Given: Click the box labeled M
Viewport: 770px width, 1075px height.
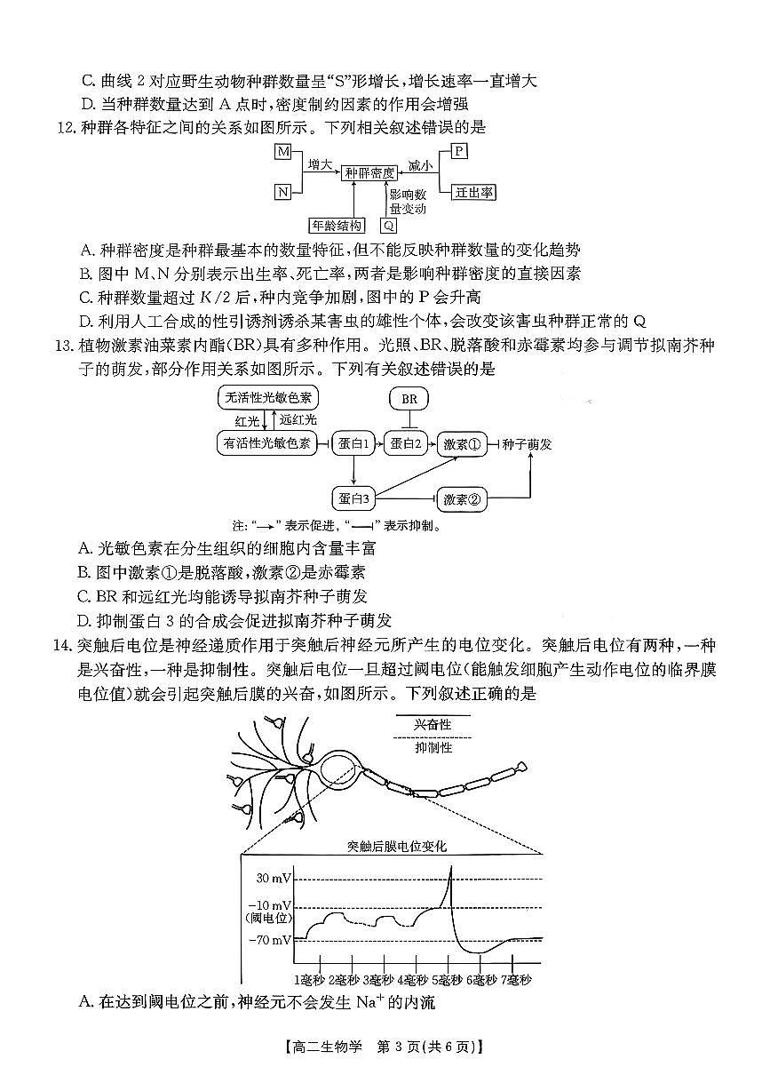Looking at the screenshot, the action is [x=283, y=152].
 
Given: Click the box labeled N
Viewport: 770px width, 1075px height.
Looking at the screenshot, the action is [x=283, y=192].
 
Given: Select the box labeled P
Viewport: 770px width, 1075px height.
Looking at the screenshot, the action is [x=459, y=151].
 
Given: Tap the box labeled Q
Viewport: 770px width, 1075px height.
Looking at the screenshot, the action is [x=389, y=226].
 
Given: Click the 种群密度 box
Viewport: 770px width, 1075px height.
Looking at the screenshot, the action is [x=370, y=173].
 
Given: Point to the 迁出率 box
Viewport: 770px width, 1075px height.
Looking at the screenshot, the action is [x=475, y=192].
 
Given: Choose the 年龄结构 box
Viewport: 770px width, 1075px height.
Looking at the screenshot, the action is [x=336, y=226].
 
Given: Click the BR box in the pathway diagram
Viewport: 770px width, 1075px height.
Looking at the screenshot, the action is [x=409, y=399].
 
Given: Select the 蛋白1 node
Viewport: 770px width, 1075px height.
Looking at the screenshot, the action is [x=353, y=442].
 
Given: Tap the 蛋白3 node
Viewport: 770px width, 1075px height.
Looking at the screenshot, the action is [x=353, y=498].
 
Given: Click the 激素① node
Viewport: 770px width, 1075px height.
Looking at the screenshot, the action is [x=463, y=442].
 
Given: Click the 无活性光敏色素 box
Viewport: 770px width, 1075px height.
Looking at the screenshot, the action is [x=269, y=397].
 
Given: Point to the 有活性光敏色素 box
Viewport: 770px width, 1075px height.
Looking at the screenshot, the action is [x=269, y=442].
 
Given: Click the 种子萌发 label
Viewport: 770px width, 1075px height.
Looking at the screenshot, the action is [x=528, y=442].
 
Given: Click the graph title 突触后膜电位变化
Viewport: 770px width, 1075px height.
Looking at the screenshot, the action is [x=397, y=846].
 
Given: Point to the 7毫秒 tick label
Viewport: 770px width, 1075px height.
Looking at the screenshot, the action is [x=515, y=980].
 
